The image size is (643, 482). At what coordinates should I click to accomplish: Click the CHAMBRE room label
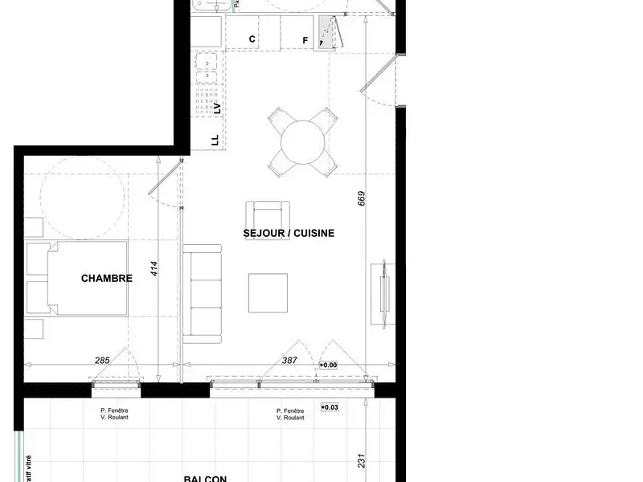pyautogui.click(x=106, y=279)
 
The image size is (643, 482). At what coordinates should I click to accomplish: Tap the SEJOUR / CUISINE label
pyautogui.click(x=289, y=233)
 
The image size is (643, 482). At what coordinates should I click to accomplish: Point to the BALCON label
pyautogui.click(x=204, y=479)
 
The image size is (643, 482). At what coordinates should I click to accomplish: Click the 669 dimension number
pyautogui.click(x=362, y=198)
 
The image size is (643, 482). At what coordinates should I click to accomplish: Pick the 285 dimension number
pyautogui.click(x=102, y=361)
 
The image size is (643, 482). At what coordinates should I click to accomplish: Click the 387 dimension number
pyautogui.click(x=289, y=361)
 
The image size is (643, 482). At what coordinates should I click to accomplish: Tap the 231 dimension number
pyautogui.click(x=362, y=462)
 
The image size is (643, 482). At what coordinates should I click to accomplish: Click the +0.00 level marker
pyautogui.click(x=328, y=366)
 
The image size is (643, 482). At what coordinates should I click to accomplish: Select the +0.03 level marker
pyautogui.click(x=330, y=407)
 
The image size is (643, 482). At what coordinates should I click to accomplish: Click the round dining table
pyautogui.click(x=302, y=143)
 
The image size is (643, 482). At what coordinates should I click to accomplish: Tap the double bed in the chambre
pyautogui.click(x=78, y=277)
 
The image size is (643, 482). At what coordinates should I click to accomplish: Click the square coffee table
pyautogui.click(x=268, y=293)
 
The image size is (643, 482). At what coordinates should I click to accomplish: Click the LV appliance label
pyautogui.click(x=215, y=108)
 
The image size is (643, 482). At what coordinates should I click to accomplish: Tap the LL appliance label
pyautogui.click(x=215, y=140)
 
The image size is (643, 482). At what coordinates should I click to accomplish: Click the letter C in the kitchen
pyautogui.click(x=252, y=39)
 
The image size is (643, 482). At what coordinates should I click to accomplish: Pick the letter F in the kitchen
pyautogui.click(x=305, y=40)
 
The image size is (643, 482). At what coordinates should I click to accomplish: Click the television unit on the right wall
pyautogui.click(x=383, y=292)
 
